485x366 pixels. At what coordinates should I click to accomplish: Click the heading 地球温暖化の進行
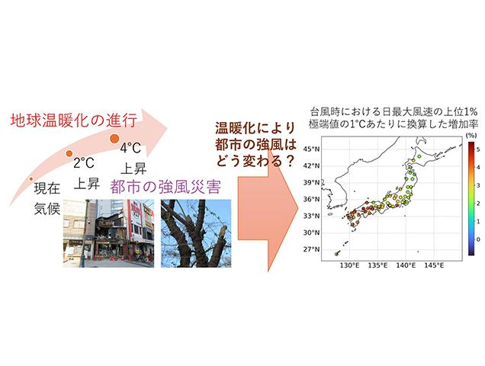[74, 120]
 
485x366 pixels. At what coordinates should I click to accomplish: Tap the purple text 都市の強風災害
[165, 187]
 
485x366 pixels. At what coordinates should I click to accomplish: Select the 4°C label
[130, 148]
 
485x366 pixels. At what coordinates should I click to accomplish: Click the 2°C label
[84, 162]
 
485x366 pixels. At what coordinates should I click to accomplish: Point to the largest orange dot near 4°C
[114, 138]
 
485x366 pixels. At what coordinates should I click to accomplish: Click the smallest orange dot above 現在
[31, 178]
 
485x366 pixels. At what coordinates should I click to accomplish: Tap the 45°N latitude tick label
[311, 149]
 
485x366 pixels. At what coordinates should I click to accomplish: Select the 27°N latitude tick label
[311, 249]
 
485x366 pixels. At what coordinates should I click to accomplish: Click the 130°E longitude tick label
[351, 265]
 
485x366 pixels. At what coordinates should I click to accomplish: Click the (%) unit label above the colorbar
[471, 135]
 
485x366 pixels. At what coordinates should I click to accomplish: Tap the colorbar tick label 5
[478, 149]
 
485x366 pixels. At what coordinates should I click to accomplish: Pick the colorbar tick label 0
[478, 239]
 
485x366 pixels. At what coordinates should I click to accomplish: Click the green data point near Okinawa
[337, 254]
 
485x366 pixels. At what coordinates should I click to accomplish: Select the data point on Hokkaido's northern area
[419, 156]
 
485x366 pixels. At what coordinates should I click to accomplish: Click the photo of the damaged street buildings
[108, 233]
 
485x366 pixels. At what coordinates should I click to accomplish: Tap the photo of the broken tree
[196, 233]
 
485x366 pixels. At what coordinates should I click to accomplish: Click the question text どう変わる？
[254, 161]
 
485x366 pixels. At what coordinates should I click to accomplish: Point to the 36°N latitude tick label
[311, 199]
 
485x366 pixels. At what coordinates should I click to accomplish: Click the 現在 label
[47, 188]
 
